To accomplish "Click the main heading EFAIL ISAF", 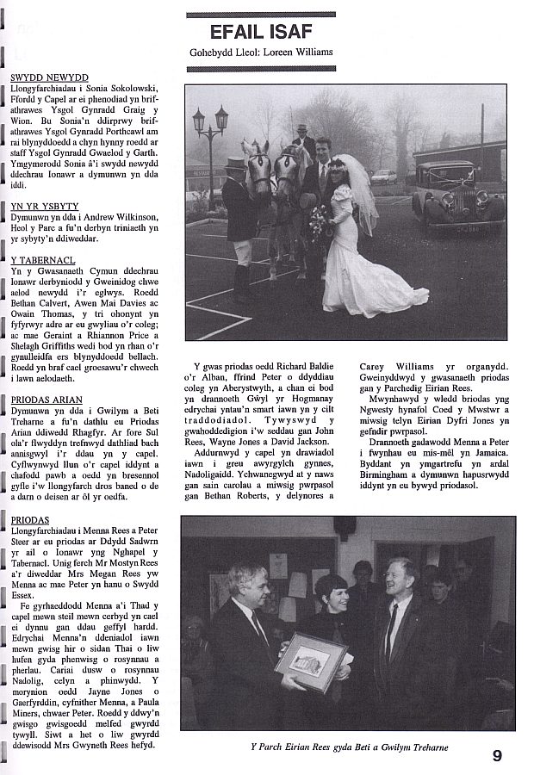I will tap(261, 32).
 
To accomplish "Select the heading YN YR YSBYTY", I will tap(44, 207).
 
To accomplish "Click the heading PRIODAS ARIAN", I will tap(47, 400).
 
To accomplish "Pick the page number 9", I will tap(497, 755).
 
